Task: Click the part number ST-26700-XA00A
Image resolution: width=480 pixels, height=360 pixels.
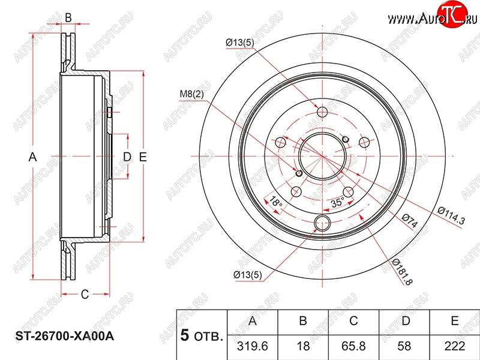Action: (65, 336)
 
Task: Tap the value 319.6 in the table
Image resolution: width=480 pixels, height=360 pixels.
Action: (252, 346)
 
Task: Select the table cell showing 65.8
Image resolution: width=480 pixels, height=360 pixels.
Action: (353, 346)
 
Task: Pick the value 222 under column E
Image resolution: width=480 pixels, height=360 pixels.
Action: (455, 346)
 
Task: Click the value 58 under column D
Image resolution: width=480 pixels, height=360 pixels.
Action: (404, 346)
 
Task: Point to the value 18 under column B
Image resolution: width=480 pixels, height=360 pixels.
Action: (303, 346)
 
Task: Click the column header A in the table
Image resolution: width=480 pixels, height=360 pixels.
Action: (252, 321)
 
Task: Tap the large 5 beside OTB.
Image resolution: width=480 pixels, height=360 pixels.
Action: (185, 335)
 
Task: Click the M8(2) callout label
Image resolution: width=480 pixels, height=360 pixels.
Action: (191, 94)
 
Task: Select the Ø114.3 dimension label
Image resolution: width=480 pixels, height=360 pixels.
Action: (452, 215)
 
